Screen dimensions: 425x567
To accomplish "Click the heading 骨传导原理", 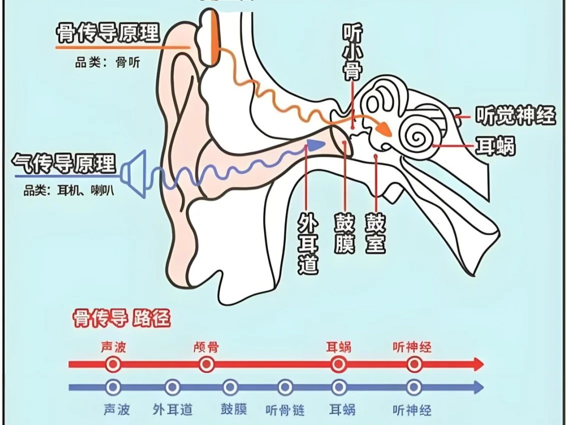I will tap(108, 33).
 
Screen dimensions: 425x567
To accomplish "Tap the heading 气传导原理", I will tap(64, 163).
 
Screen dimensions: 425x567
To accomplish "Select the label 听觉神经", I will tap(515, 116).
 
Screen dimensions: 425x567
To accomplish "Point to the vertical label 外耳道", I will tap(308, 242).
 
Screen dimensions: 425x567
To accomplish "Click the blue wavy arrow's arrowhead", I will tap(315, 144).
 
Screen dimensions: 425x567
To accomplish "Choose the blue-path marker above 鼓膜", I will tap(230, 387).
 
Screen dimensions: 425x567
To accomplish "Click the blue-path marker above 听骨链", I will tap(285, 387).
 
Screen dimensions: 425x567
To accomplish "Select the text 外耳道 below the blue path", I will tap(173, 410).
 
